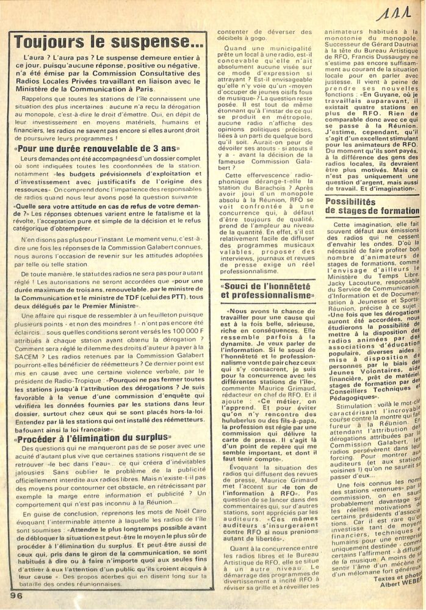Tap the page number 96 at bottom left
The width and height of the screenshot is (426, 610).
pos(16,592)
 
